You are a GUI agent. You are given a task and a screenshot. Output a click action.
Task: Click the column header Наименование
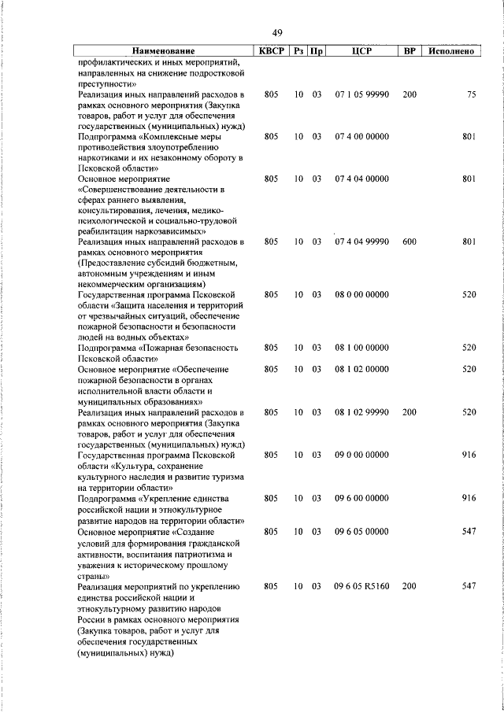click(163, 51)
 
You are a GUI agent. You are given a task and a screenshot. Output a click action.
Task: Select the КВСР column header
click(271, 51)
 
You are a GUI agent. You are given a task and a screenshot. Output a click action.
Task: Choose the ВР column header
click(409, 51)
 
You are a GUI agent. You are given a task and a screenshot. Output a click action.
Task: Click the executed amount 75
click(471, 94)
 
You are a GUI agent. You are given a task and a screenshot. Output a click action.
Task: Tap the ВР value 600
click(409, 242)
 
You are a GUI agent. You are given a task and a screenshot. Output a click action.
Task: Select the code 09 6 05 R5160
click(361, 586)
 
